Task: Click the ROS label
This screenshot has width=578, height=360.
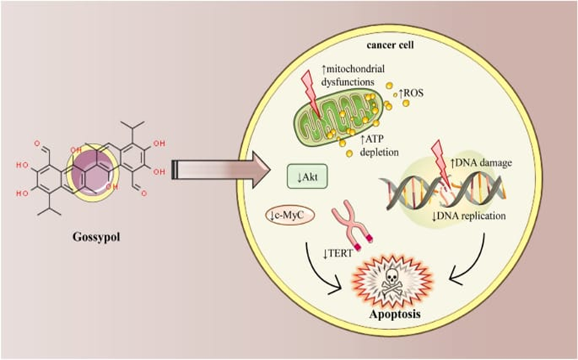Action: pos(414,94)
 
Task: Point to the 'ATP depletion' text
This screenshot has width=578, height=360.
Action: pos(384,144)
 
